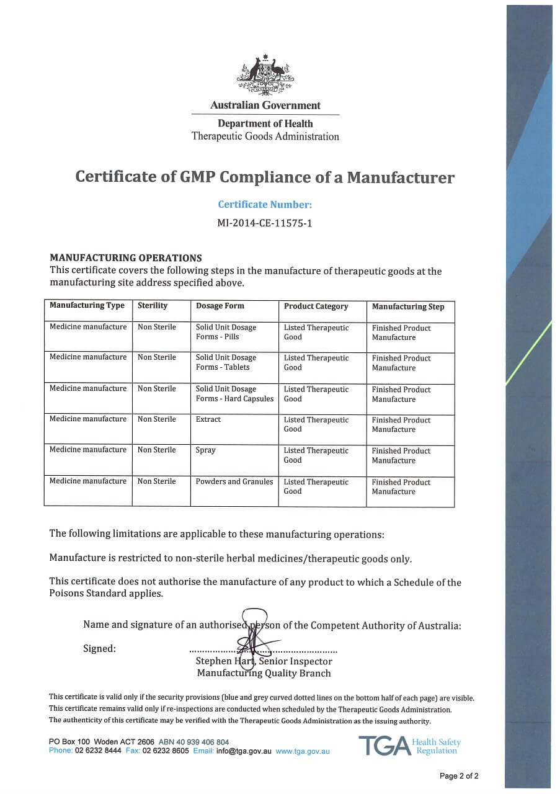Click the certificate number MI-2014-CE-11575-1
click(265, 223)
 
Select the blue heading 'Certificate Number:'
click(265, 204)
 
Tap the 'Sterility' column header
click(153, 306)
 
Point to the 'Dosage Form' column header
click(220, 306)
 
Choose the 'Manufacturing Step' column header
click(408, 306)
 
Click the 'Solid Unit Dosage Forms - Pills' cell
click(226, 332)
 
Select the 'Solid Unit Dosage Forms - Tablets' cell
click(226, 362)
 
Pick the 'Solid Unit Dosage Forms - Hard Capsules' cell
click(234, 394)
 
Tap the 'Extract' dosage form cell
click(208, 419)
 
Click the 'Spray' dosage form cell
click(206, 450)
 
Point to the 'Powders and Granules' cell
click(234, 481)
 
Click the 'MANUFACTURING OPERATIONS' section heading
click(126, 258)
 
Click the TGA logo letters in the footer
click(384, 746)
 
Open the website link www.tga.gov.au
click(303, 751)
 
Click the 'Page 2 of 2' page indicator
click(459, 776)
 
